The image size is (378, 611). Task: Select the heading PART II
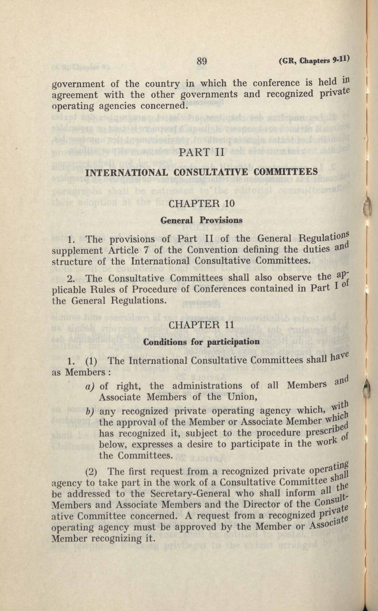(x=202, y=153)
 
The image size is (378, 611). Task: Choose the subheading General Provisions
(x=201, y=220)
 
